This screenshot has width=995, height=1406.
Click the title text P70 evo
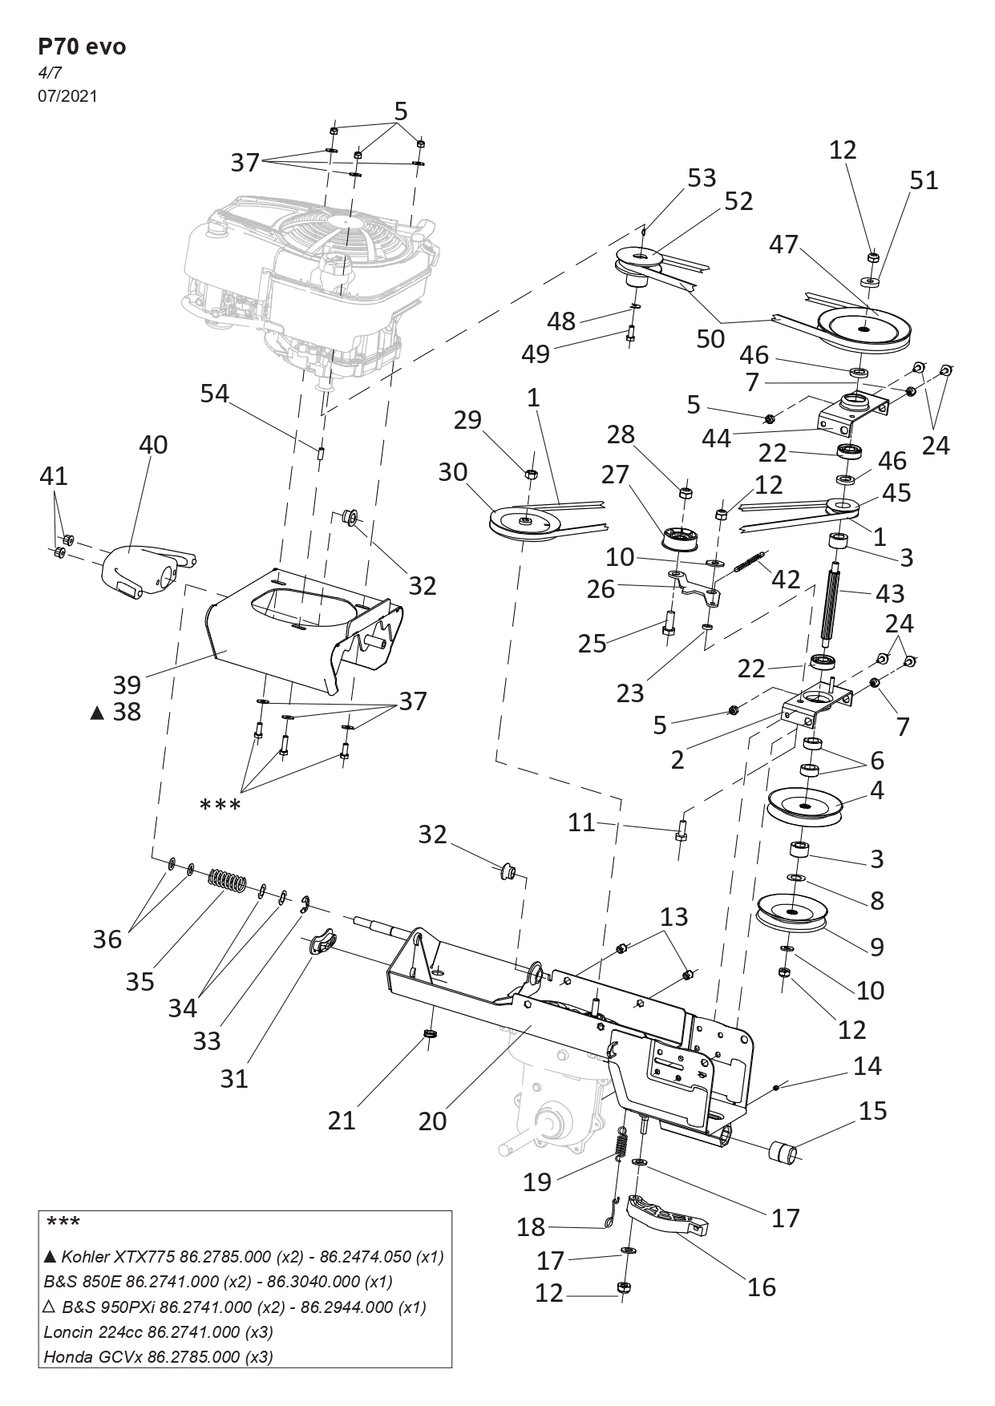click(x=82, y=46)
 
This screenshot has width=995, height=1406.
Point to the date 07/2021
click(x=67, y=96)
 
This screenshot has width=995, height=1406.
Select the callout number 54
click(x=214, y=394)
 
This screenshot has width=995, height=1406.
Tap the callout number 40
click(x=153, y=444)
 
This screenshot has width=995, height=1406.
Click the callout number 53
click(x=702, y=177)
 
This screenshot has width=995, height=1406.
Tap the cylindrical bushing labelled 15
click(x=784, y=1156)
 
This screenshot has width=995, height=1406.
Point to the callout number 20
click(x=433, y=1120)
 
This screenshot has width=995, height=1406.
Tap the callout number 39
click(x=127, y=685)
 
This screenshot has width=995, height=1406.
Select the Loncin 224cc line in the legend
click(x=158, y=1331)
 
